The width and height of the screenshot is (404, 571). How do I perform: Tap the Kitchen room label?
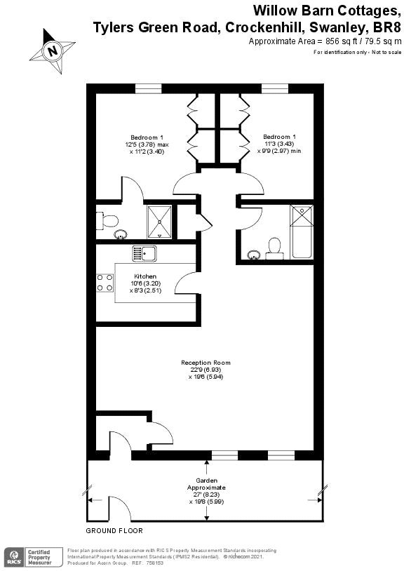145,276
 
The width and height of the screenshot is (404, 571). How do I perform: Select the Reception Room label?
206,363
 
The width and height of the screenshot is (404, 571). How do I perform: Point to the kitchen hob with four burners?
105,282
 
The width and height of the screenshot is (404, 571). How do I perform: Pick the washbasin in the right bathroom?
252,255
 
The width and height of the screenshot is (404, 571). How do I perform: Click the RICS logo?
13,557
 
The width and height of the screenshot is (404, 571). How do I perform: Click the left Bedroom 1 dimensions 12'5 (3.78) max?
147,145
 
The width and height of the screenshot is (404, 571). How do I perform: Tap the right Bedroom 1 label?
279,136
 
